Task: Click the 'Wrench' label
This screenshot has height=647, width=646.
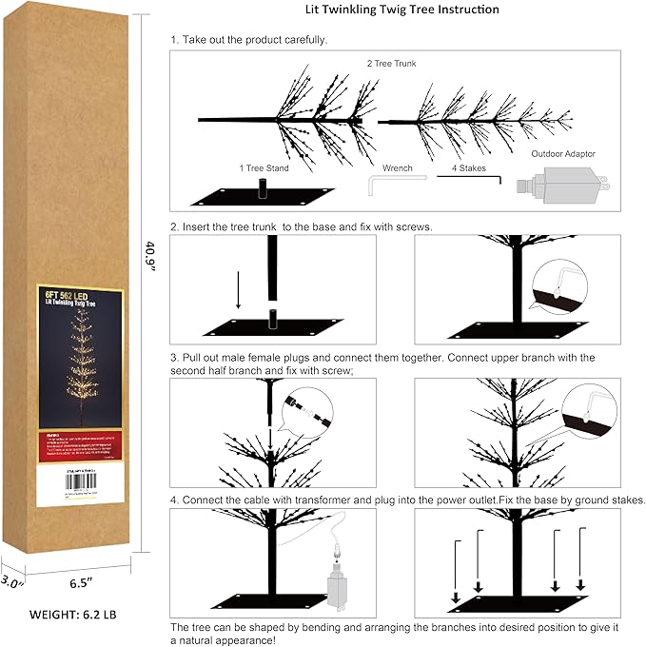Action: (397, 167)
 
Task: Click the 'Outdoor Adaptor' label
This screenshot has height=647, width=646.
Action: (563, 152)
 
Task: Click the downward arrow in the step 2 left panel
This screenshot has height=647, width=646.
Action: (238, 291)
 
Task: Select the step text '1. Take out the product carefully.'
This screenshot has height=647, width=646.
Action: (248, 40)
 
